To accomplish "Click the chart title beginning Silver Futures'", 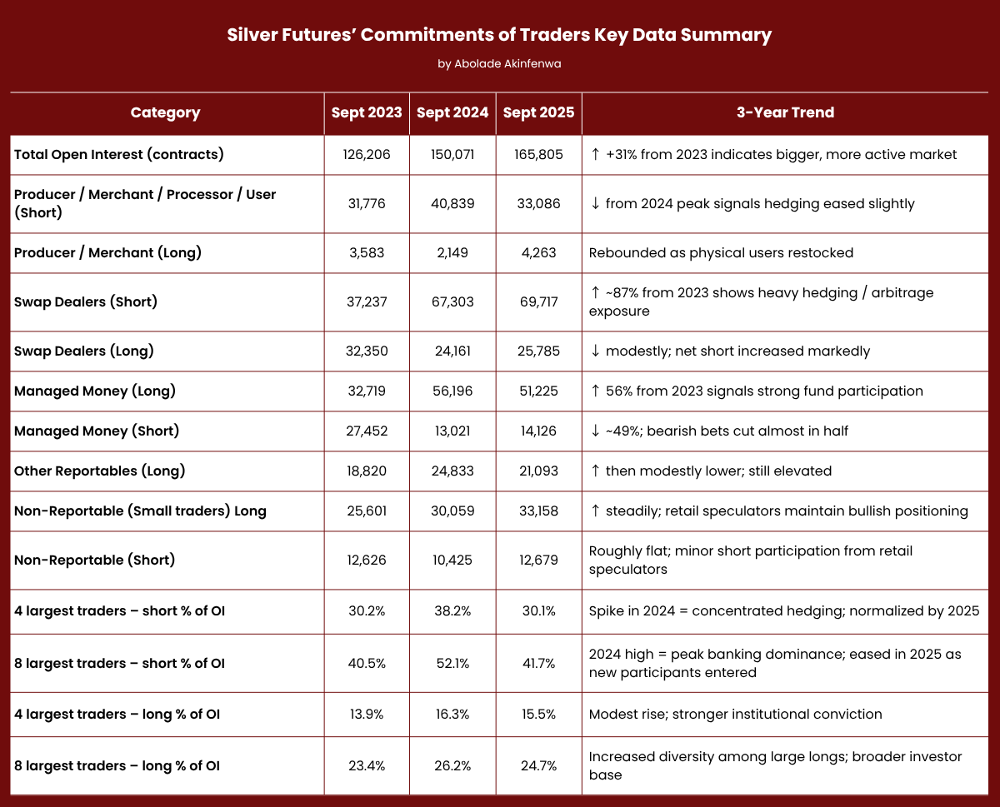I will pyautogui.click(x=499, y=35).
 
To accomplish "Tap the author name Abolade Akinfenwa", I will pyautogui.click(x=499, y=64).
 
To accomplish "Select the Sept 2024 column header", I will pyautogui.click(x=452, y=112).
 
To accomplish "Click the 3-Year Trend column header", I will pyautogui.click(x=785, y=112).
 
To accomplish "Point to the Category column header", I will pyautogui.click(x=166, y=112).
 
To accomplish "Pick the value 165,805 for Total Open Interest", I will pyautogui.click(x=538, y=155).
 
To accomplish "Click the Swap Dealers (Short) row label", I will pyautogui.click(x=86, y=301).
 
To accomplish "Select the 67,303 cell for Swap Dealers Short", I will pyautogui.click(x=452, y=301).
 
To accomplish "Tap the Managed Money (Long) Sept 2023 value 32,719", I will pyautogui.click(x=366, y=391).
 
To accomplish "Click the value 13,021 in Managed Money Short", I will pyautogui.click(x=452, y=431).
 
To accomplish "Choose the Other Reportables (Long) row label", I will pyautogui.click(x=99, y=471).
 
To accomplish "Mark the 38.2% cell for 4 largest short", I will pyautogui.click(x=452, y=611).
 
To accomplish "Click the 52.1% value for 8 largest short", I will pyautogui.click(x=452, y=663).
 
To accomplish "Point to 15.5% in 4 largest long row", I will pyautogui.click(x=538, y=715).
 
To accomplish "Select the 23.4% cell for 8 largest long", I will pyautogui.click(x=366, y=766).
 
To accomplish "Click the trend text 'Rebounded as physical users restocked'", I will pyautogui.click(x=721, y=253).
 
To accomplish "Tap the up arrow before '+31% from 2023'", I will pyautogui.click(x=595, y=155).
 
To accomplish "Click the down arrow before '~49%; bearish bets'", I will pyautogui.click(x=595, y=431).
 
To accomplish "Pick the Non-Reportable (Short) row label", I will pyautogui.click(x=94, y=560).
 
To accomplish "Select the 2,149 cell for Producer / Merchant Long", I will pyautogui.click(x=452, y=253).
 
